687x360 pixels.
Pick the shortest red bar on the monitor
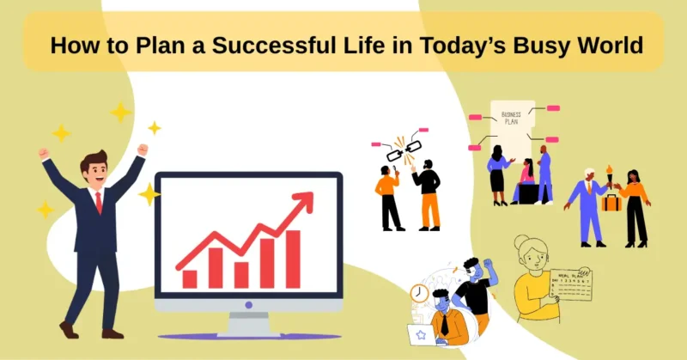pyautogui.click(x=190, y=278)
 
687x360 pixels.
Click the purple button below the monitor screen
pyautogui.click(x=249, y=304)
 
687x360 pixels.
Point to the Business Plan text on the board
pyautogui.click(x=512, y=118)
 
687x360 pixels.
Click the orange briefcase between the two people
pyautogui.click(x=611, y=202)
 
